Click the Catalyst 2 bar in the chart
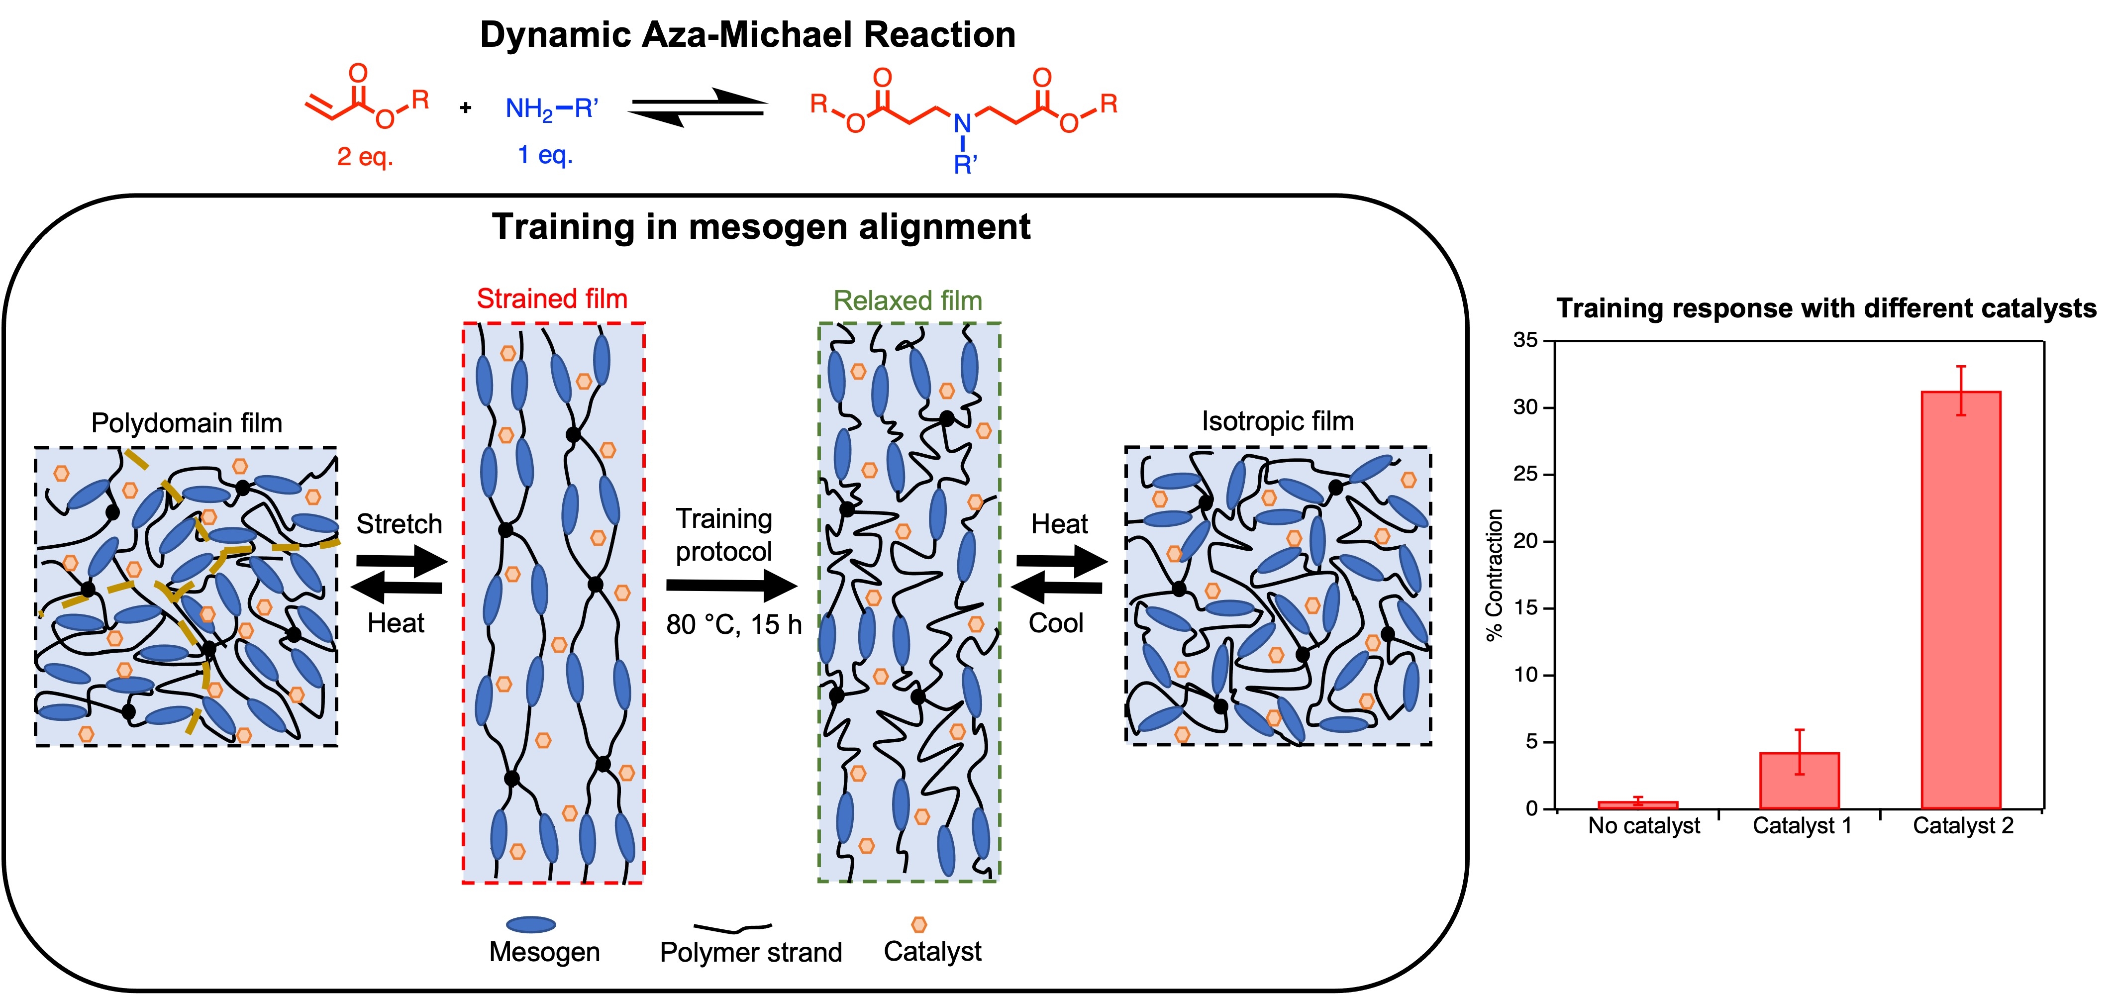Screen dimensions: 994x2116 (x=1961, y=599)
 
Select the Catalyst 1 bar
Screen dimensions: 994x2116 (x=1799, y=781)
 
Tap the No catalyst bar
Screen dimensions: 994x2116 (x=1637, y=805)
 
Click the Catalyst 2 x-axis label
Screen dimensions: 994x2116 (x=1963, y=825)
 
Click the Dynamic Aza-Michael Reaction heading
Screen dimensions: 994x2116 (x=747, y=34)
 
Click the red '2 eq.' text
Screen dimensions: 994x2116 (x=365, y=156)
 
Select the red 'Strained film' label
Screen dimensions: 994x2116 (x=552, y=299)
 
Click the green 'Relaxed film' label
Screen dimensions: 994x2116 (x=907, y=300)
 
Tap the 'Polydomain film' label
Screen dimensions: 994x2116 (x=187, y=423)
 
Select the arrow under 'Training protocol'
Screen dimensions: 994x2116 (x=731, y=586)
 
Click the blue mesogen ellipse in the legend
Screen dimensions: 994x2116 (x=531, y=925)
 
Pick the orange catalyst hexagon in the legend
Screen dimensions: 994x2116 (x=919, y=925)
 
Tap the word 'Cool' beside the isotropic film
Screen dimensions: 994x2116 (x=1056, y=623)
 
